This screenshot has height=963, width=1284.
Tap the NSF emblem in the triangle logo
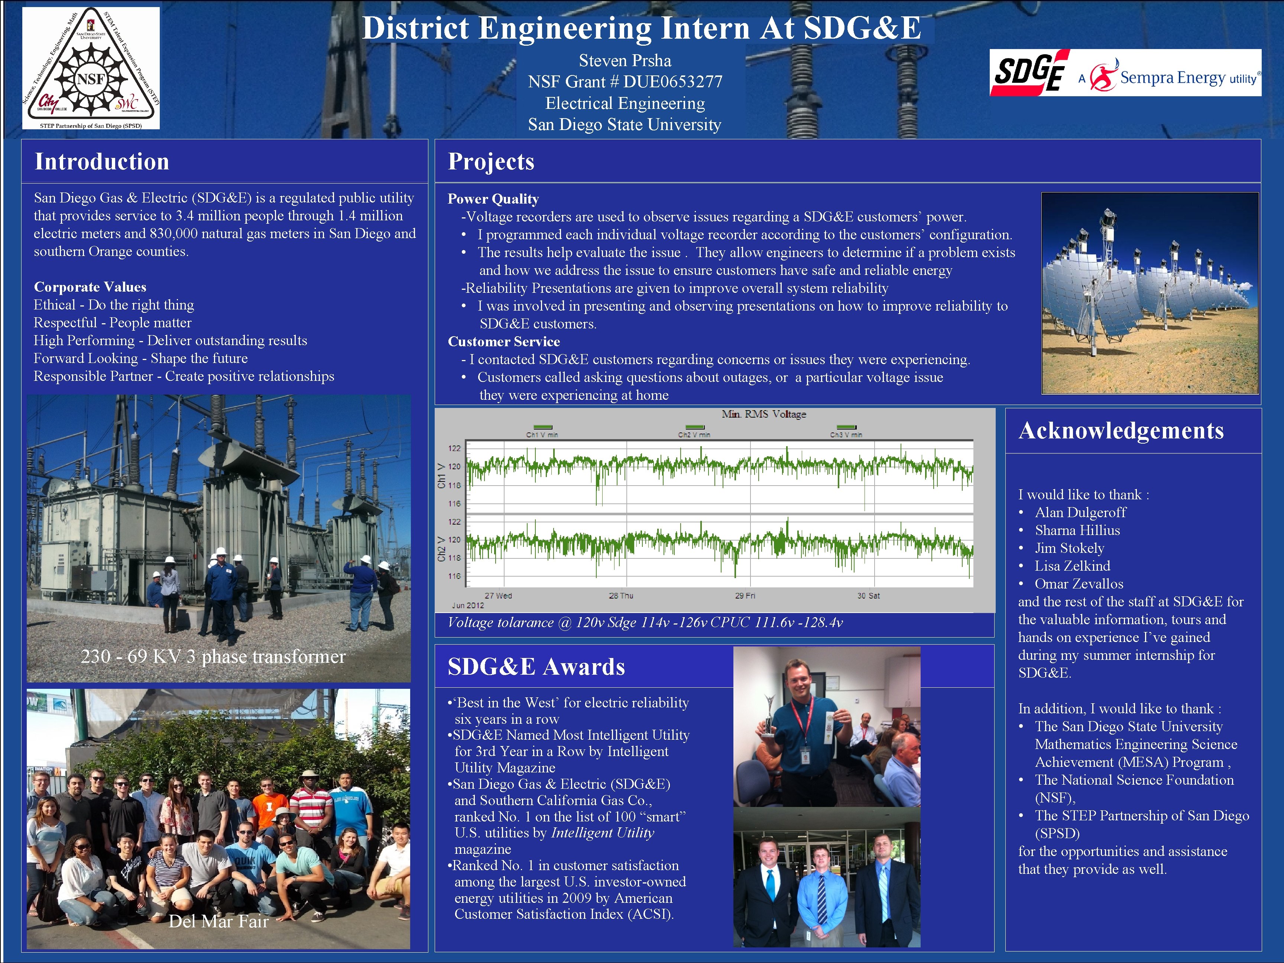pyautogui.click(x=91, y=79)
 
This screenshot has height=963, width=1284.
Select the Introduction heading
pyautogui.click(x=102, y=161)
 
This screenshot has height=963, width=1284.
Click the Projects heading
pyautogui.click(x=491, y=161)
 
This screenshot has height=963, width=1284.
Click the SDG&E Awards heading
pyautogui.click(x=536, y=667)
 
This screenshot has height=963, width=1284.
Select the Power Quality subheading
pyautogui.click(x=493, y=199)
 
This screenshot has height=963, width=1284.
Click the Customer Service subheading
pyautogui.click(x=504, y=341)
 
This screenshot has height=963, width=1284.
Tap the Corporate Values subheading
pyautogui.click(x=90, y=287)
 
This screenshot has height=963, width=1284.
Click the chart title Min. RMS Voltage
pyautogui.click(x=763, y=414)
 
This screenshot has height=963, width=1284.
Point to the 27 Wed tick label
pyautogui.click(x=498, y=596)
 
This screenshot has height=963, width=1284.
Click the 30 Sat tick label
pyautogui.click(x=868, y=596)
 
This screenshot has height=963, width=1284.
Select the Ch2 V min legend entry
pyautogui.click(x=694, y=434)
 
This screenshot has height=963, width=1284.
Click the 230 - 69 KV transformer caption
pyautogui.click(x=213, y=656)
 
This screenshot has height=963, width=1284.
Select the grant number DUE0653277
pyautogui.click(x=673, y=82)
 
